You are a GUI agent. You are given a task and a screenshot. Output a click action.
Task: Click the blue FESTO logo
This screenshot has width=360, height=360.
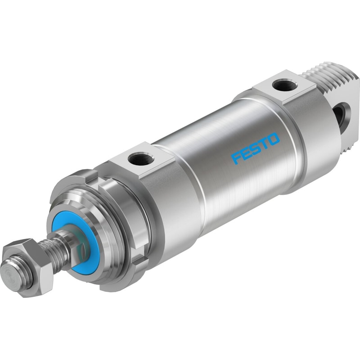pos(256,148)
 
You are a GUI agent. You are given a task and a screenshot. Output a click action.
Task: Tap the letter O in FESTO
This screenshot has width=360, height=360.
pos(274,139)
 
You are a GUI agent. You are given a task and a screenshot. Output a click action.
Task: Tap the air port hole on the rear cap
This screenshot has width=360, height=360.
pos(284,86)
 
